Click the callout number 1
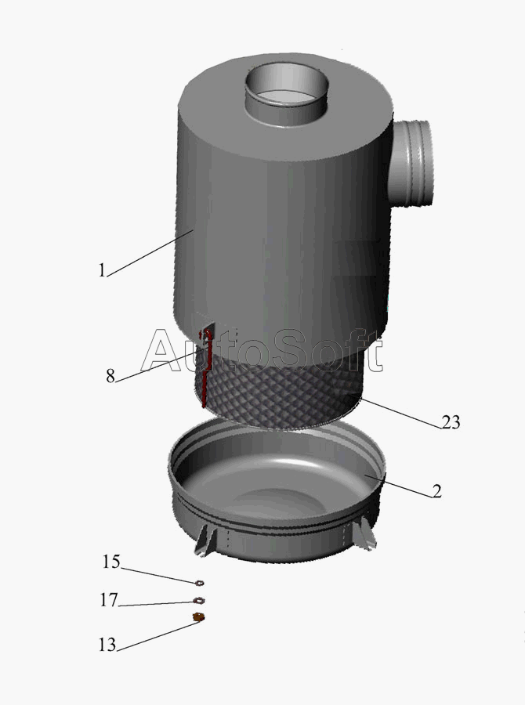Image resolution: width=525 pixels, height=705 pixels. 102,270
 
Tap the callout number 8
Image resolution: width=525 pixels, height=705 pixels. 110,375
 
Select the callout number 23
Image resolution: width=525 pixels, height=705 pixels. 451,422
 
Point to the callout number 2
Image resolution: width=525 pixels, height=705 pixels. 437,491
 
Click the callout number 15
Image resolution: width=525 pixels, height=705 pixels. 111,562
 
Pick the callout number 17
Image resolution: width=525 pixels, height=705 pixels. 108,600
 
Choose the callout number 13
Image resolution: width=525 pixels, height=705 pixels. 107,645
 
